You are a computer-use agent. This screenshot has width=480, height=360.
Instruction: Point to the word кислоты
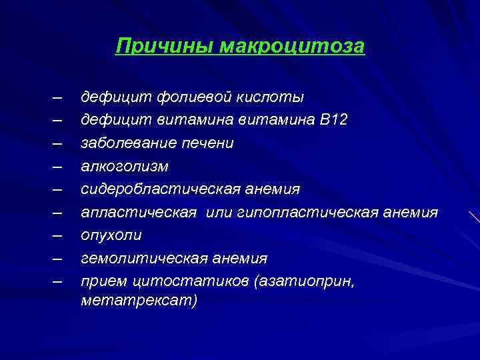pyautogui.click(x=272, y=97)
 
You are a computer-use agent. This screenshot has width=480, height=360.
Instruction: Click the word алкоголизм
pyautogui.click(x=125, y=166)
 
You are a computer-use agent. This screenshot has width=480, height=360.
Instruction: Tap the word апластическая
pyautogui.click(x=139, y=212)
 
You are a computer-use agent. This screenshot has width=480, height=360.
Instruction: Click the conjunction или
pyautogui.click(x=219, y=212)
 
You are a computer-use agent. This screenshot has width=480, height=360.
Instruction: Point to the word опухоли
pyautogui.click(x=111, y=235)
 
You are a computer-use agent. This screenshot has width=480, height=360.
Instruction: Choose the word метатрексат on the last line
pyautogui.click(x=139, y=301)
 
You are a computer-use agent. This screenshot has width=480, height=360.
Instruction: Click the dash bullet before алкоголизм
pyautogui.click(x=59, y=166)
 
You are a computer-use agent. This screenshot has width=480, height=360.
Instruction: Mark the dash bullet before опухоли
pyautogui.click(x=59, y=235)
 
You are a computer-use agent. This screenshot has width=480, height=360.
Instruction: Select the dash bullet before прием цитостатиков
pyautogui.click(x=59, y=281)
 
